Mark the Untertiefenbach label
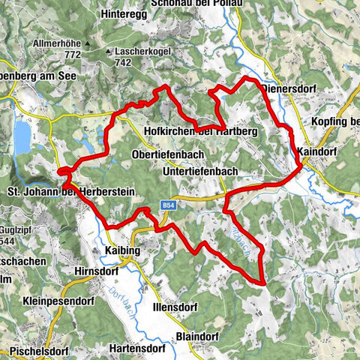pyautogui.click(x=200, y=171)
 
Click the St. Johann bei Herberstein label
pyautogui.click(x=70, y=193)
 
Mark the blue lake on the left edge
pyautogui.click(x=21, y=136)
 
